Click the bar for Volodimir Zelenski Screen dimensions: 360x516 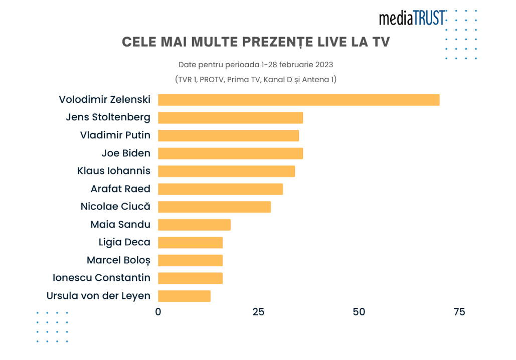coord(298,100)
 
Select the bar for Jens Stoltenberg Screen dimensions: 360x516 coord(230,118)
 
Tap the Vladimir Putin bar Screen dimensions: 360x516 coord(228,135)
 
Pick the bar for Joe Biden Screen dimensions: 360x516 coord(230,153)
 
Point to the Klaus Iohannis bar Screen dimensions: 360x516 coord(226,171)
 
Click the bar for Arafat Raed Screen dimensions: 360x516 coord(220,189)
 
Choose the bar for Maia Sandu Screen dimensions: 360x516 coord(194,225)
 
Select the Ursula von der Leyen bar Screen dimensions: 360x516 coord(184,296)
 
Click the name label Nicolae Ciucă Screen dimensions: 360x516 coord(115,207)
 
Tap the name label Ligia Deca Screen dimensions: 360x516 coord(124,242)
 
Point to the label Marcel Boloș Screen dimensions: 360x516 coord(118,260)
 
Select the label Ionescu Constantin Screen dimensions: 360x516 coord(101,278)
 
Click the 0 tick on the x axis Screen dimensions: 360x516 coord(158,312)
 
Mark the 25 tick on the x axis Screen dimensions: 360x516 coord(258,312)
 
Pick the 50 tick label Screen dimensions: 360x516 coord(359,312)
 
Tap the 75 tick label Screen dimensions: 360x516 coord(459,312)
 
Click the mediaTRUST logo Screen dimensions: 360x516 coord(412,19)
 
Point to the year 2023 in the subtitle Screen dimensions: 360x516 coord(323,65)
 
